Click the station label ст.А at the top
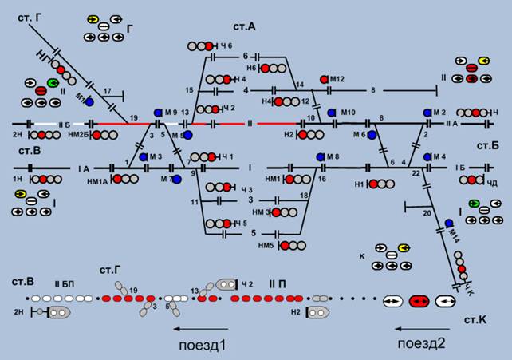click(x=245, y=26)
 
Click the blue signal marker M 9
click(x=158, y=112)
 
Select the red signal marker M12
click(x=324, y=80)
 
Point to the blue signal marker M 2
click(x=427, y=113)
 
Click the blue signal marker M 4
click(x=427, y=156)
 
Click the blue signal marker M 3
click(x=144, y=156)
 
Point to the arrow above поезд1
click(x=203, y=328)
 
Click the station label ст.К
click(x=481, y=318)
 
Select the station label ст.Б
click(x=488, y=146)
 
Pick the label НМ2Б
click(x=80, y=136)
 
